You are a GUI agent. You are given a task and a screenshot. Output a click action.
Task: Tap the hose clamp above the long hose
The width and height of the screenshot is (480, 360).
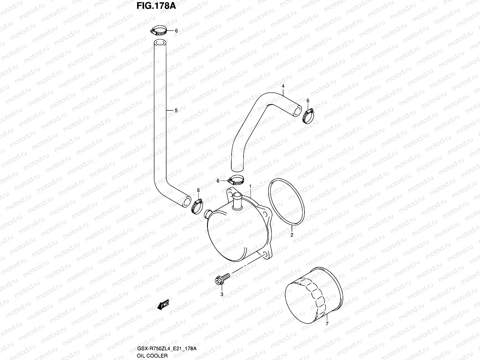[159, 31]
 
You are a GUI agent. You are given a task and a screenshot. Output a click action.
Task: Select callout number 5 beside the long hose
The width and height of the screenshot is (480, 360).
[176, 111]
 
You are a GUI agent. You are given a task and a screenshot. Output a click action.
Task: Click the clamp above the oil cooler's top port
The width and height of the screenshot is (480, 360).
[236, 181]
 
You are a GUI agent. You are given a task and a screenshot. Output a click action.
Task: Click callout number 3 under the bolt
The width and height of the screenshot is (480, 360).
[222, 294]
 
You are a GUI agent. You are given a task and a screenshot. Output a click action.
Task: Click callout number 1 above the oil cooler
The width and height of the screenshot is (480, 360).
[250, 187]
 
